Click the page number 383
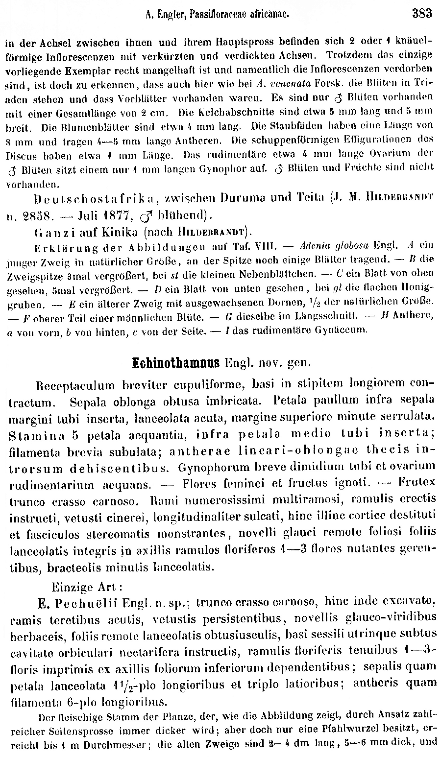coord(422,13)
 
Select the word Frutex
coord(417,482)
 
